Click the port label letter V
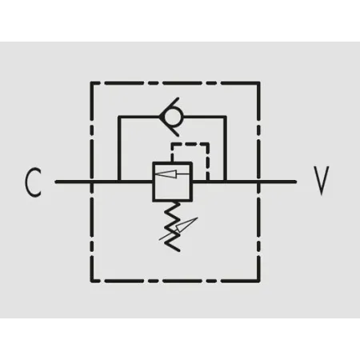tap(321, 180)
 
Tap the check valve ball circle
tap(173, 117)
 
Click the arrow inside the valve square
tap(172, 174)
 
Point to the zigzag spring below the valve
tap(172, 226)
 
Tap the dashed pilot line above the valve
tap(190, 144)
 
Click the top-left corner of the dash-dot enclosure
tap(91, 82)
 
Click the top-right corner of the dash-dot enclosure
tap(258, 82)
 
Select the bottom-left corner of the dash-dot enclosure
tap(91, 282)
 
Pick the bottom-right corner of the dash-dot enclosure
tap(258, 282)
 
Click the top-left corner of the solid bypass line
tap(119, 117)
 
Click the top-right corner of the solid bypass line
tap(226, 117)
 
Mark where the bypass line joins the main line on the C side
tap(119, 182)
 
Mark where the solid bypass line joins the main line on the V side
tap(226, 182)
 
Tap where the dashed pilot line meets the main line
tap(208, 182)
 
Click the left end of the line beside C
tap(56, 182)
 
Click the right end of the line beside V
tap(295, 182)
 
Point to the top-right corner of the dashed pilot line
tap(208, 144)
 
